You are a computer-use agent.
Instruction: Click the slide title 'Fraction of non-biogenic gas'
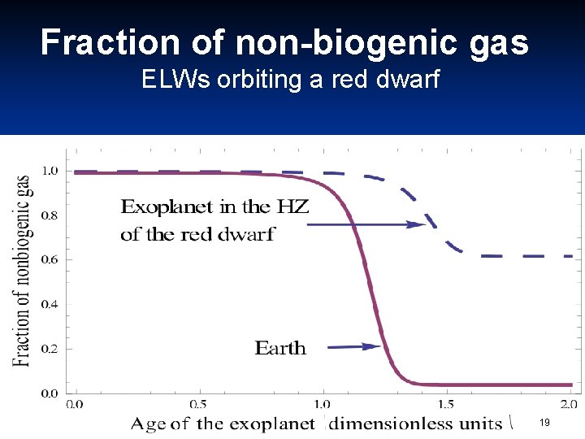(284, 42)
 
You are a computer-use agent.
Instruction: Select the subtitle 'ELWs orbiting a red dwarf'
(290, 80)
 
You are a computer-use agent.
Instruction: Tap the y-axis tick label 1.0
(50, 171)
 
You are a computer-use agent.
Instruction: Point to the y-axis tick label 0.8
(50, 215)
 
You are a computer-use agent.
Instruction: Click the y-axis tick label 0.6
(50, 260)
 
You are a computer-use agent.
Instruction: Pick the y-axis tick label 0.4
(50, 305)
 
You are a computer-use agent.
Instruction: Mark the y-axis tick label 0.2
(50, 350)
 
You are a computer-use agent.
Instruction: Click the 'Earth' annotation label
(280, 348)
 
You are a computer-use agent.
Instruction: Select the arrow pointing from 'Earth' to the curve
(354, 346)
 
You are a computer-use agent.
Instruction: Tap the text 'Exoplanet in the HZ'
(214, 206)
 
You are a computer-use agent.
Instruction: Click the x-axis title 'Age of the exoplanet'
(223, 423)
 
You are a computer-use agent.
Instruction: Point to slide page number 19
(544, 423)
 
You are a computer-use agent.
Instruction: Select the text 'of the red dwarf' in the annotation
(197, 235)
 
